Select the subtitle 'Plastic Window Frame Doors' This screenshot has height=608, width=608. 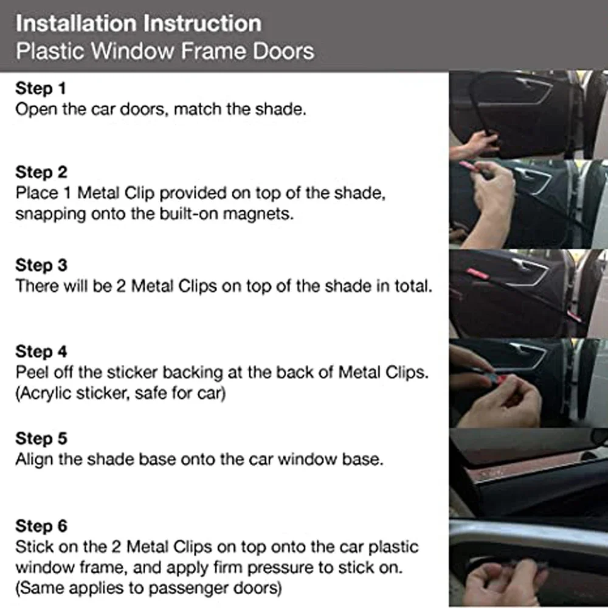pyautogui.click(x=165, y=50)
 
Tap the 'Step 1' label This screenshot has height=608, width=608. pyautogui.click(x=40, y=89)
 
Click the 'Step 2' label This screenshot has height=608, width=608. pyautogui.click(x=41, y=173)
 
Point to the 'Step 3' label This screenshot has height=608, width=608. pyautogui.click(x=41, y=266)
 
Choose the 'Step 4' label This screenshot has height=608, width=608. pyautogui.click(x=41, y=352)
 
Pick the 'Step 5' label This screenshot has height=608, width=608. pyautogui.click(x=41, y=438)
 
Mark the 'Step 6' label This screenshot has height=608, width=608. pyautogui.click(x=41, y=525)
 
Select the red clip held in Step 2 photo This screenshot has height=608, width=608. pyautogui.click(x=469, y=167)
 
